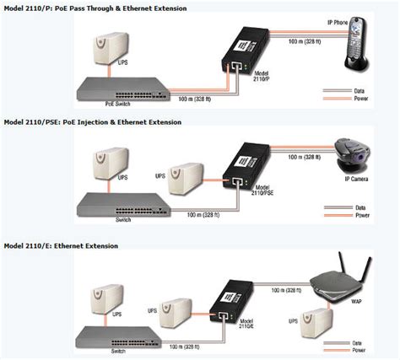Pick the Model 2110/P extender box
point(238,60)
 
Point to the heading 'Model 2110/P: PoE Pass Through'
point(93,8)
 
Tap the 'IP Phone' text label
point(338,19)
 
